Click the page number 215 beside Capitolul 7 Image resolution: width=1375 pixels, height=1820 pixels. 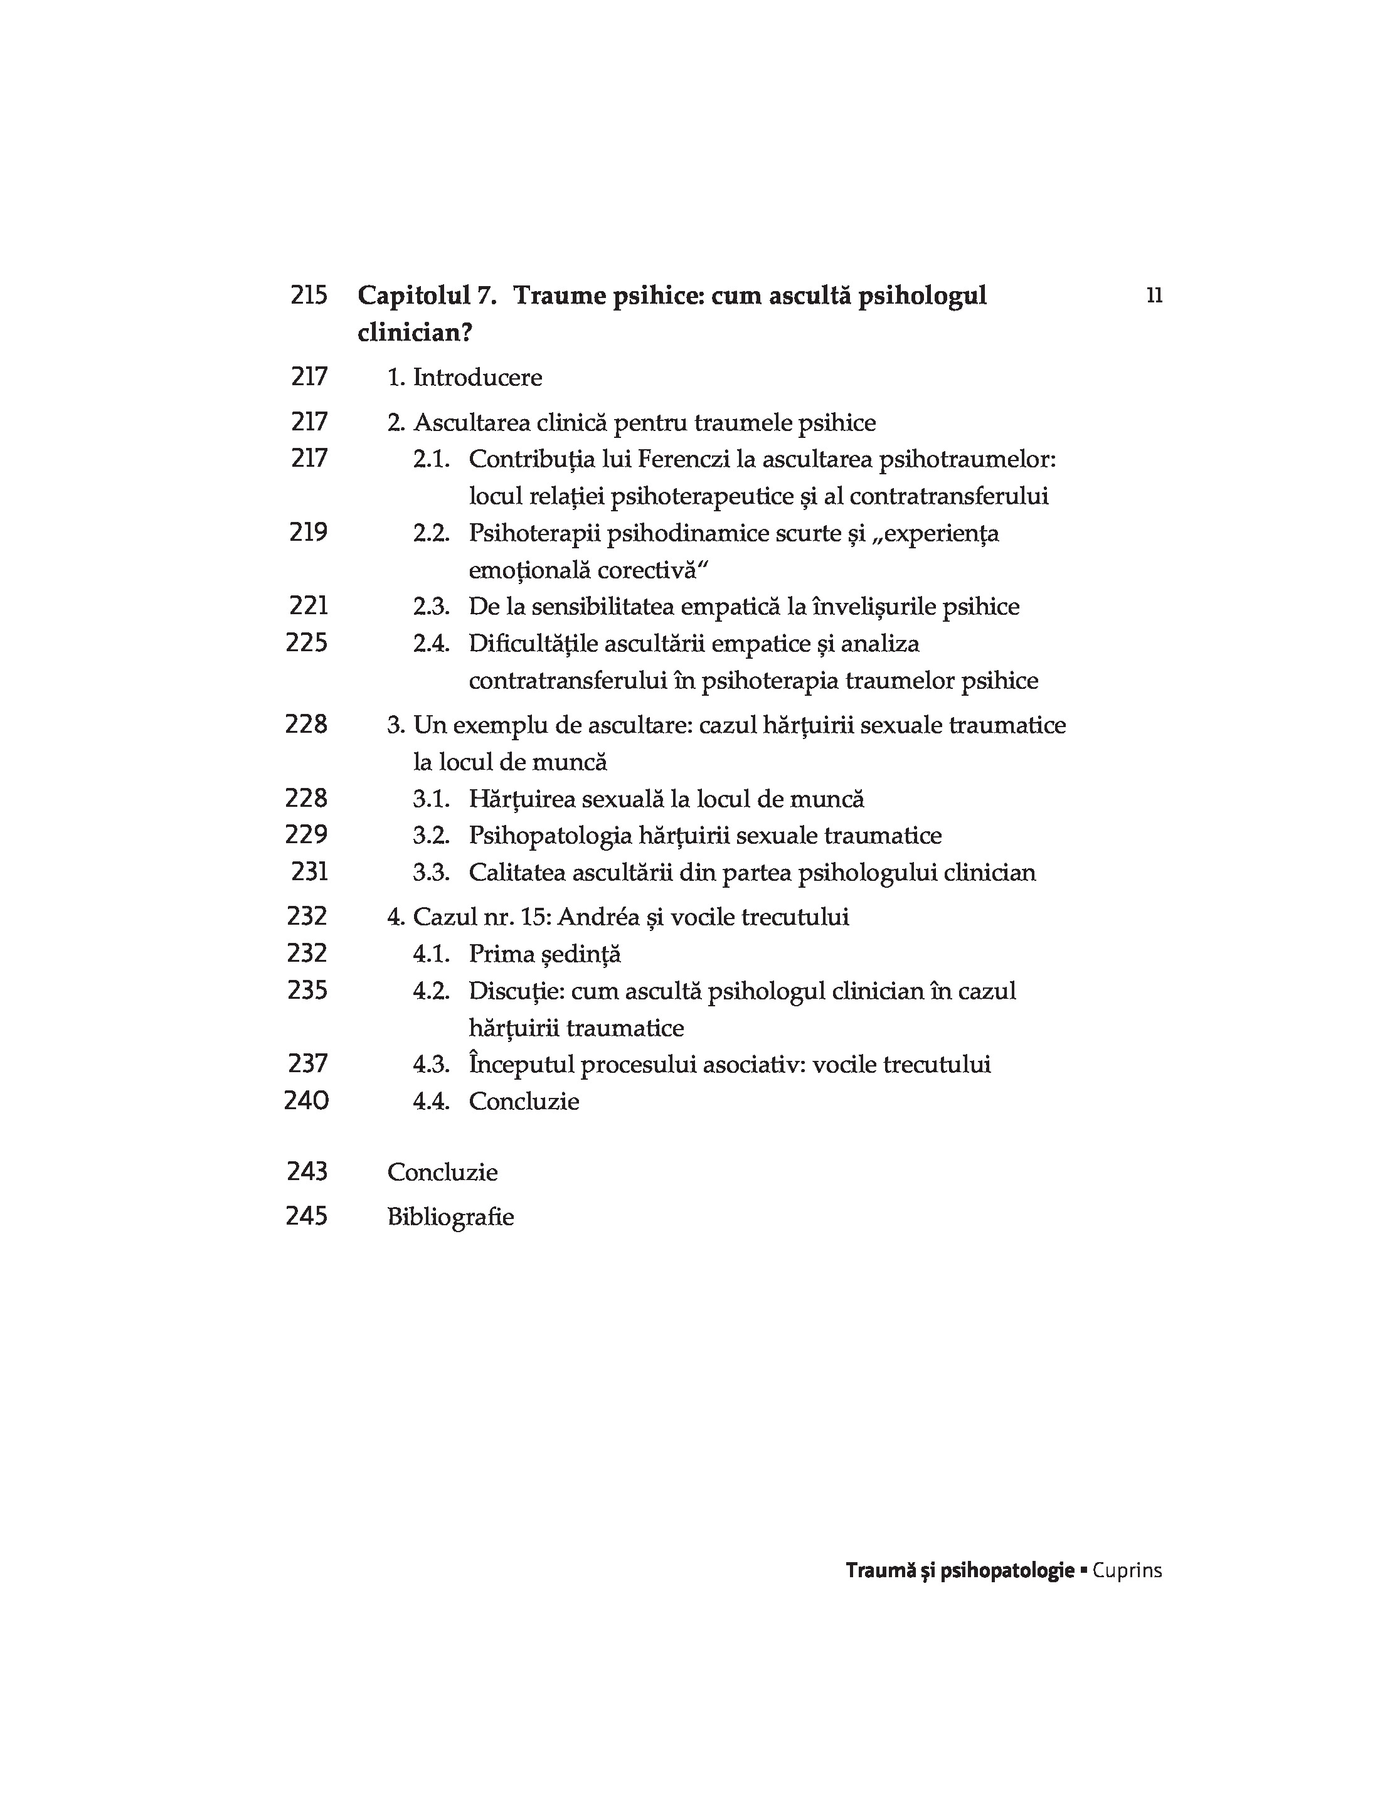[309, 295]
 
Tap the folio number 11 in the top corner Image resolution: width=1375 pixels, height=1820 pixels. [1154, 295]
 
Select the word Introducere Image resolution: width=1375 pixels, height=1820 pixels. [477, 378]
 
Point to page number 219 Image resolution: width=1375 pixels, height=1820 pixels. [309, 533]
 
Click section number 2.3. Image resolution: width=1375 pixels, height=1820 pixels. [431, 607]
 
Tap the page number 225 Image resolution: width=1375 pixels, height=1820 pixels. [307, 642]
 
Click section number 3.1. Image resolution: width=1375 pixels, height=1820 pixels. [431, 799]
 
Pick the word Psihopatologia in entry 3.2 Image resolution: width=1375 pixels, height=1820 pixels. [551, 836]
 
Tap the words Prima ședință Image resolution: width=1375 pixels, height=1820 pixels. [544, 954]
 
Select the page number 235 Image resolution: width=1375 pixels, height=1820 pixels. [308, 990]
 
